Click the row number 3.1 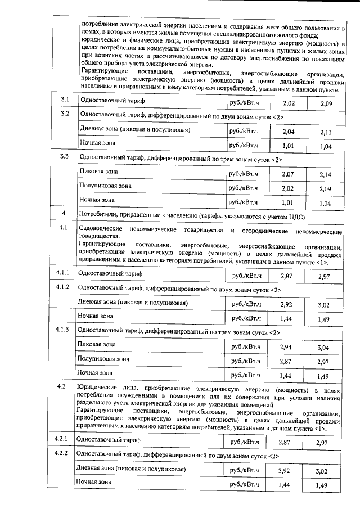(65, 100)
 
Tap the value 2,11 (325, 132)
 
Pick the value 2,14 (325, 175)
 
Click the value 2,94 (287, 346)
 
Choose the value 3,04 (324, 347)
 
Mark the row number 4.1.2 (62, 287)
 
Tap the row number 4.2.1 (62, 438)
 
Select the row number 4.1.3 (62, 330)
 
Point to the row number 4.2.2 (62, 453)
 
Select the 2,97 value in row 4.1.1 (324, 276)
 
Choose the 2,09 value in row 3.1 (325, 104)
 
